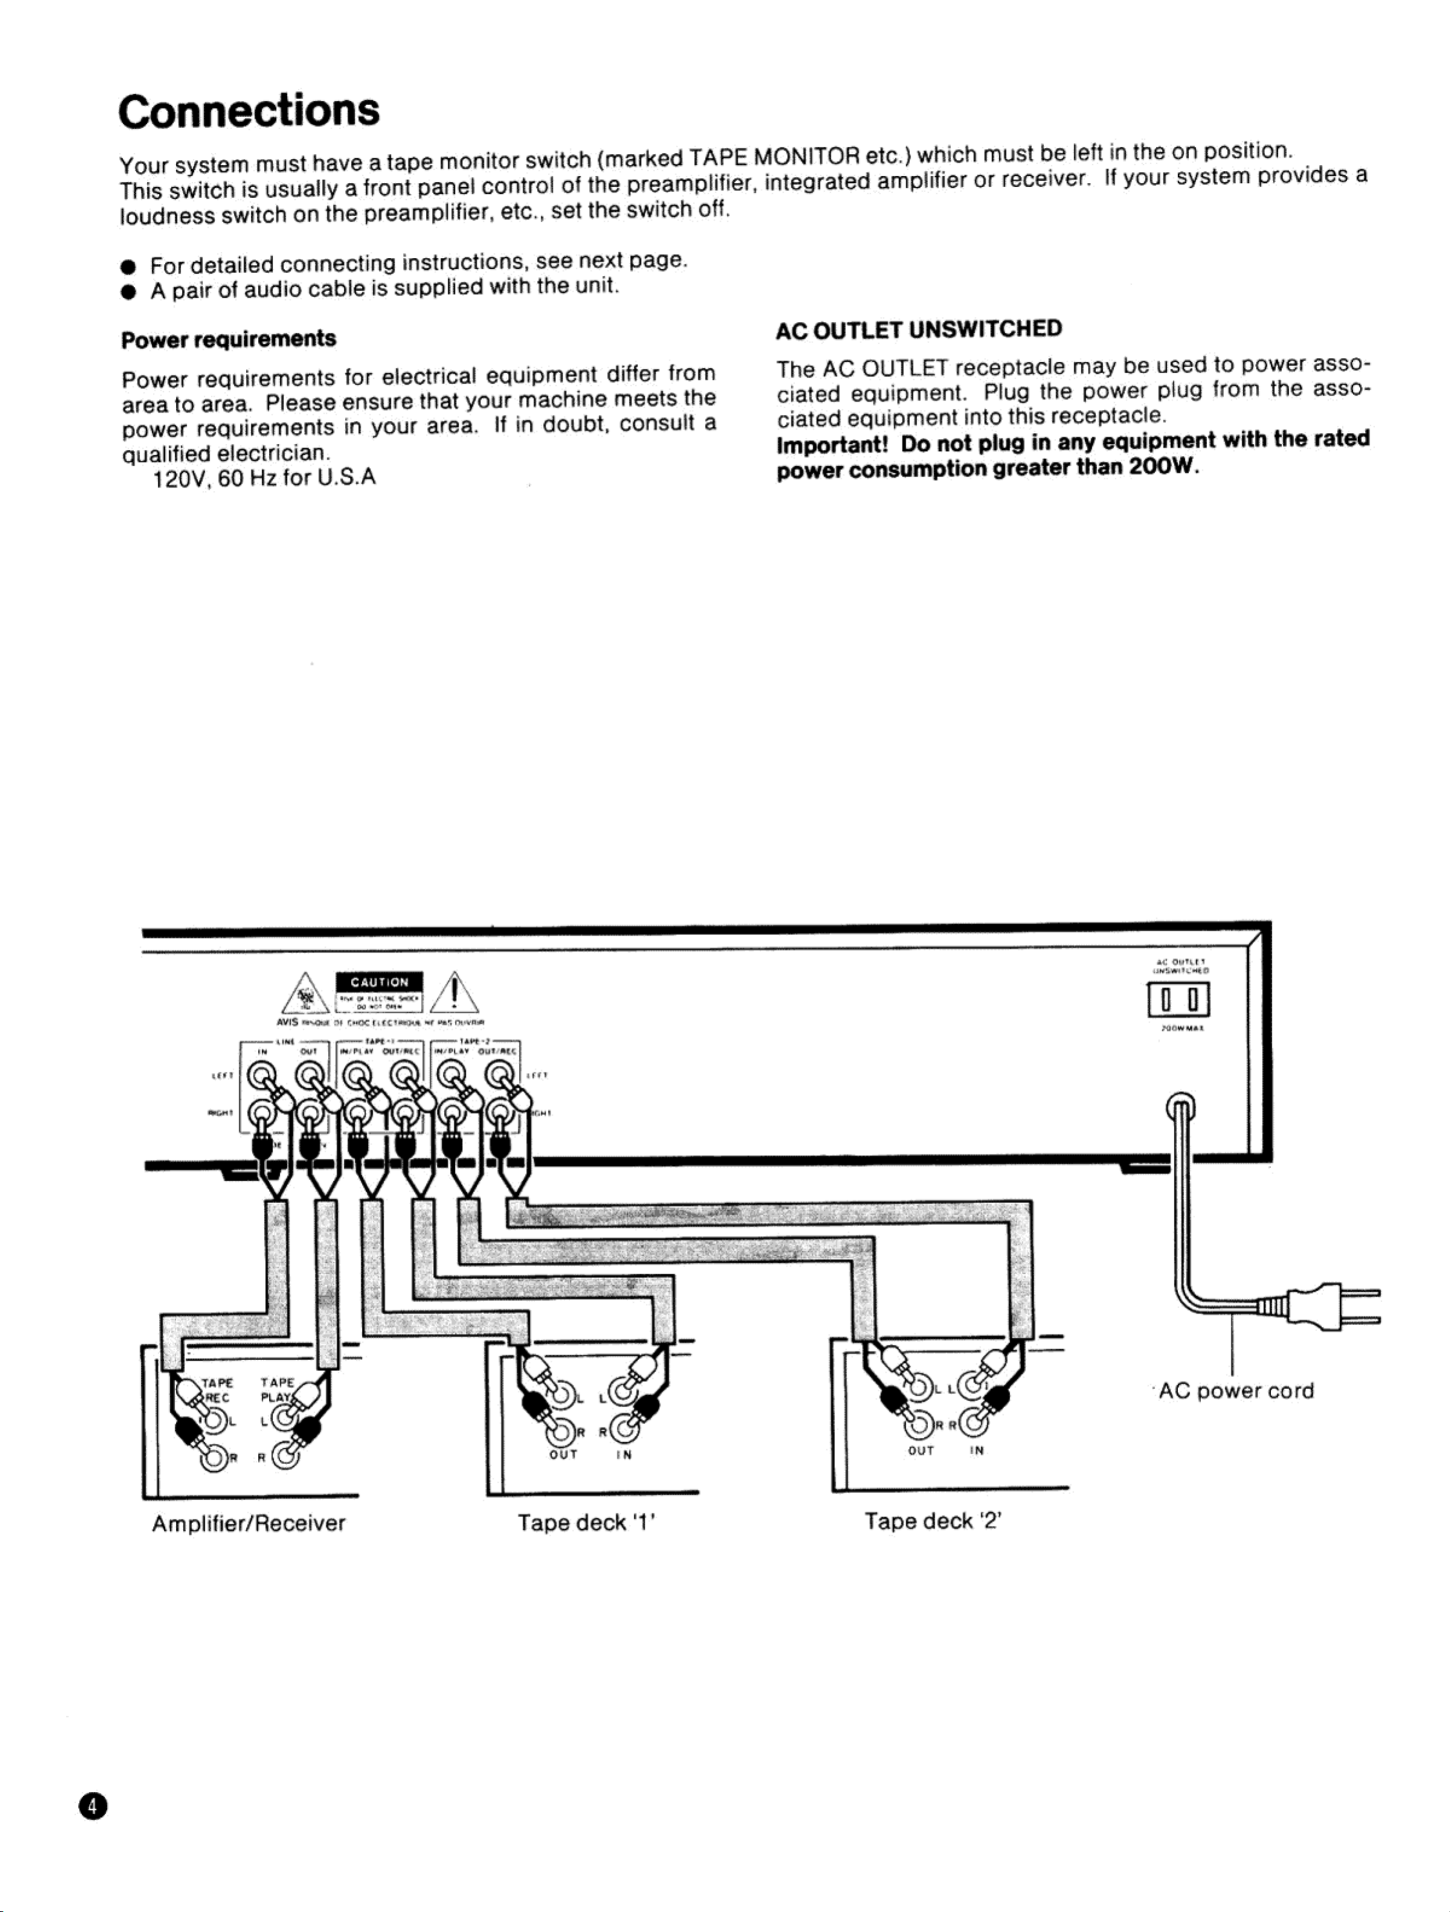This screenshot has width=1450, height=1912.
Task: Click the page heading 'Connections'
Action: point(249,110)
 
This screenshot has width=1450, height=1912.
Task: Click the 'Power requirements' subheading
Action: point(228,339)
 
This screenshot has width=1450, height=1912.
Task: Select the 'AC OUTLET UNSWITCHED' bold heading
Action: point(918,329)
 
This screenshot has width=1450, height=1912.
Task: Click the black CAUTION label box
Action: point(379,981)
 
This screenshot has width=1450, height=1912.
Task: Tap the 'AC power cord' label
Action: point(1236,1391)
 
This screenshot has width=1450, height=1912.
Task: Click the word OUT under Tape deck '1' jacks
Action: point(563,1455)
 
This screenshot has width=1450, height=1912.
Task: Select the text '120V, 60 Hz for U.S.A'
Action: point(264,478)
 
